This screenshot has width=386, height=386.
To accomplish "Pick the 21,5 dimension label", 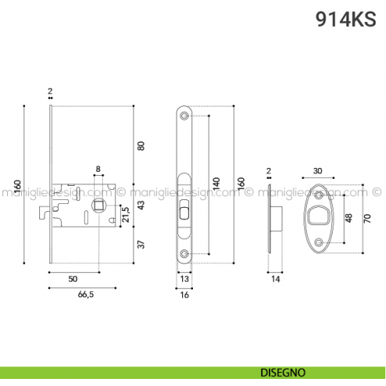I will [126, 214].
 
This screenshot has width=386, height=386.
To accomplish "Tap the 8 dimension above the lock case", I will [98, 169].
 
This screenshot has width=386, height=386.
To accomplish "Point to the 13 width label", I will [184, 279].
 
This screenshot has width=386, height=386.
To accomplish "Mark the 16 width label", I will [184, 296].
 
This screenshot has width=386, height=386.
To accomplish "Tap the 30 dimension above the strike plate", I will [318, 170].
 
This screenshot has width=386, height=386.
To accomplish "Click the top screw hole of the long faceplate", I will [184, 117].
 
